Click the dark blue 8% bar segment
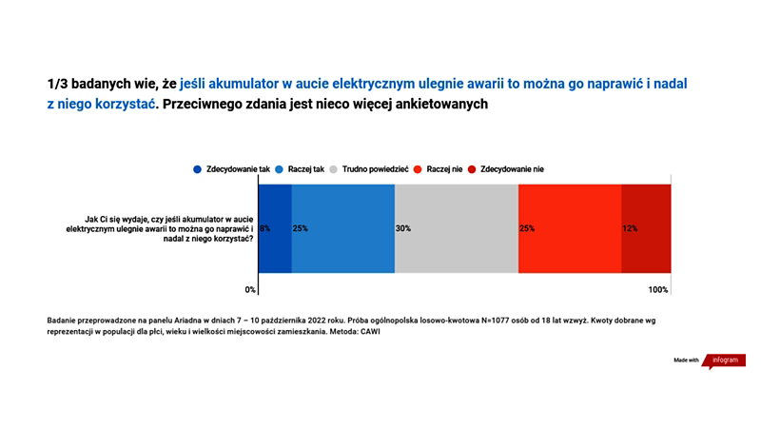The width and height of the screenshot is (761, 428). [275, 228]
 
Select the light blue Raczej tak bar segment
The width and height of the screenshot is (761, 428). [343, 228]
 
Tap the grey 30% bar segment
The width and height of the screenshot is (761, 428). [457, 228]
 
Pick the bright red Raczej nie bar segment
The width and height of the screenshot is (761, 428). [570, 228]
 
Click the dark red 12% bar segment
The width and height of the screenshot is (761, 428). [646, 228]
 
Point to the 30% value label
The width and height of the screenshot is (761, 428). [402, 228]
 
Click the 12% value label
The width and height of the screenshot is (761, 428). [630, 228]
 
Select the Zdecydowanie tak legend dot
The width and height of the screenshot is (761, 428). [197, 169]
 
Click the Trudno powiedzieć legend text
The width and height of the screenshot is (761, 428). [375, 169]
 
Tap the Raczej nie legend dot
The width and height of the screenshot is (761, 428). [418, 169]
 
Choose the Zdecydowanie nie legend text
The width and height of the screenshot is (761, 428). [512, 169]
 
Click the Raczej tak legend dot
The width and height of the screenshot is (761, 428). [279, 169]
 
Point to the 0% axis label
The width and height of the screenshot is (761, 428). [250, 290]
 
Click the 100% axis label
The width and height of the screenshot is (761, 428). [658, 290]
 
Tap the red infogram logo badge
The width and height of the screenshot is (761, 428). [724, 361]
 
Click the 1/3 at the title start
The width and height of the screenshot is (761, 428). [57, 84]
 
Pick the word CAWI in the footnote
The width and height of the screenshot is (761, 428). [370, 332]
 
